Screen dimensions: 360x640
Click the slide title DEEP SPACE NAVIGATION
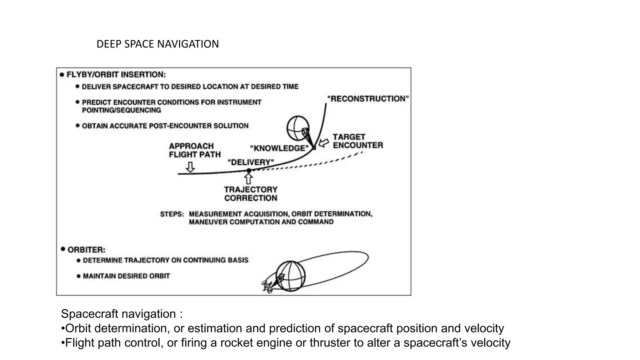click(157, 44)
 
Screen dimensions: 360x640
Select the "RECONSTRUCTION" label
click(368, 99)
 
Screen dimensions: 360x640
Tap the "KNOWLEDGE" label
click(279, 148)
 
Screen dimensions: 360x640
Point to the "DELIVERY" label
click(251, 162)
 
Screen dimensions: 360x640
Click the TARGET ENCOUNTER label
click(357, 141)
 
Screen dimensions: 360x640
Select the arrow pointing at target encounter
click(324, 143)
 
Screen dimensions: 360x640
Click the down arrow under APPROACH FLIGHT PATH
click(190, 167)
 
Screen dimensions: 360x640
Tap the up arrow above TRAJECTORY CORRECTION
click(248, 179)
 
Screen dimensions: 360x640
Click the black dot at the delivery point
click(249, 171)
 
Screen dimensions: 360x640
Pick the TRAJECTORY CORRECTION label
click(251, 194)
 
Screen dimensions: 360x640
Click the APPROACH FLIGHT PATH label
click(195, 150)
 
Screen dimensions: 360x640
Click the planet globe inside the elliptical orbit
click(291, 276)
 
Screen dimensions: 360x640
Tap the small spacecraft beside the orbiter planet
click(267, 287)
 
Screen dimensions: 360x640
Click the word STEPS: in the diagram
click(172, 214)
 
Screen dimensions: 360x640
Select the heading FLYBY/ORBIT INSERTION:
click(116, 75)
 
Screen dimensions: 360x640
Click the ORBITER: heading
click(86, 250)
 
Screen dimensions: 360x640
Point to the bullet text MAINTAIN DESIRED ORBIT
click(126, 276)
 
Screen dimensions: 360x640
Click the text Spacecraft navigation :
click(122, 314)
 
